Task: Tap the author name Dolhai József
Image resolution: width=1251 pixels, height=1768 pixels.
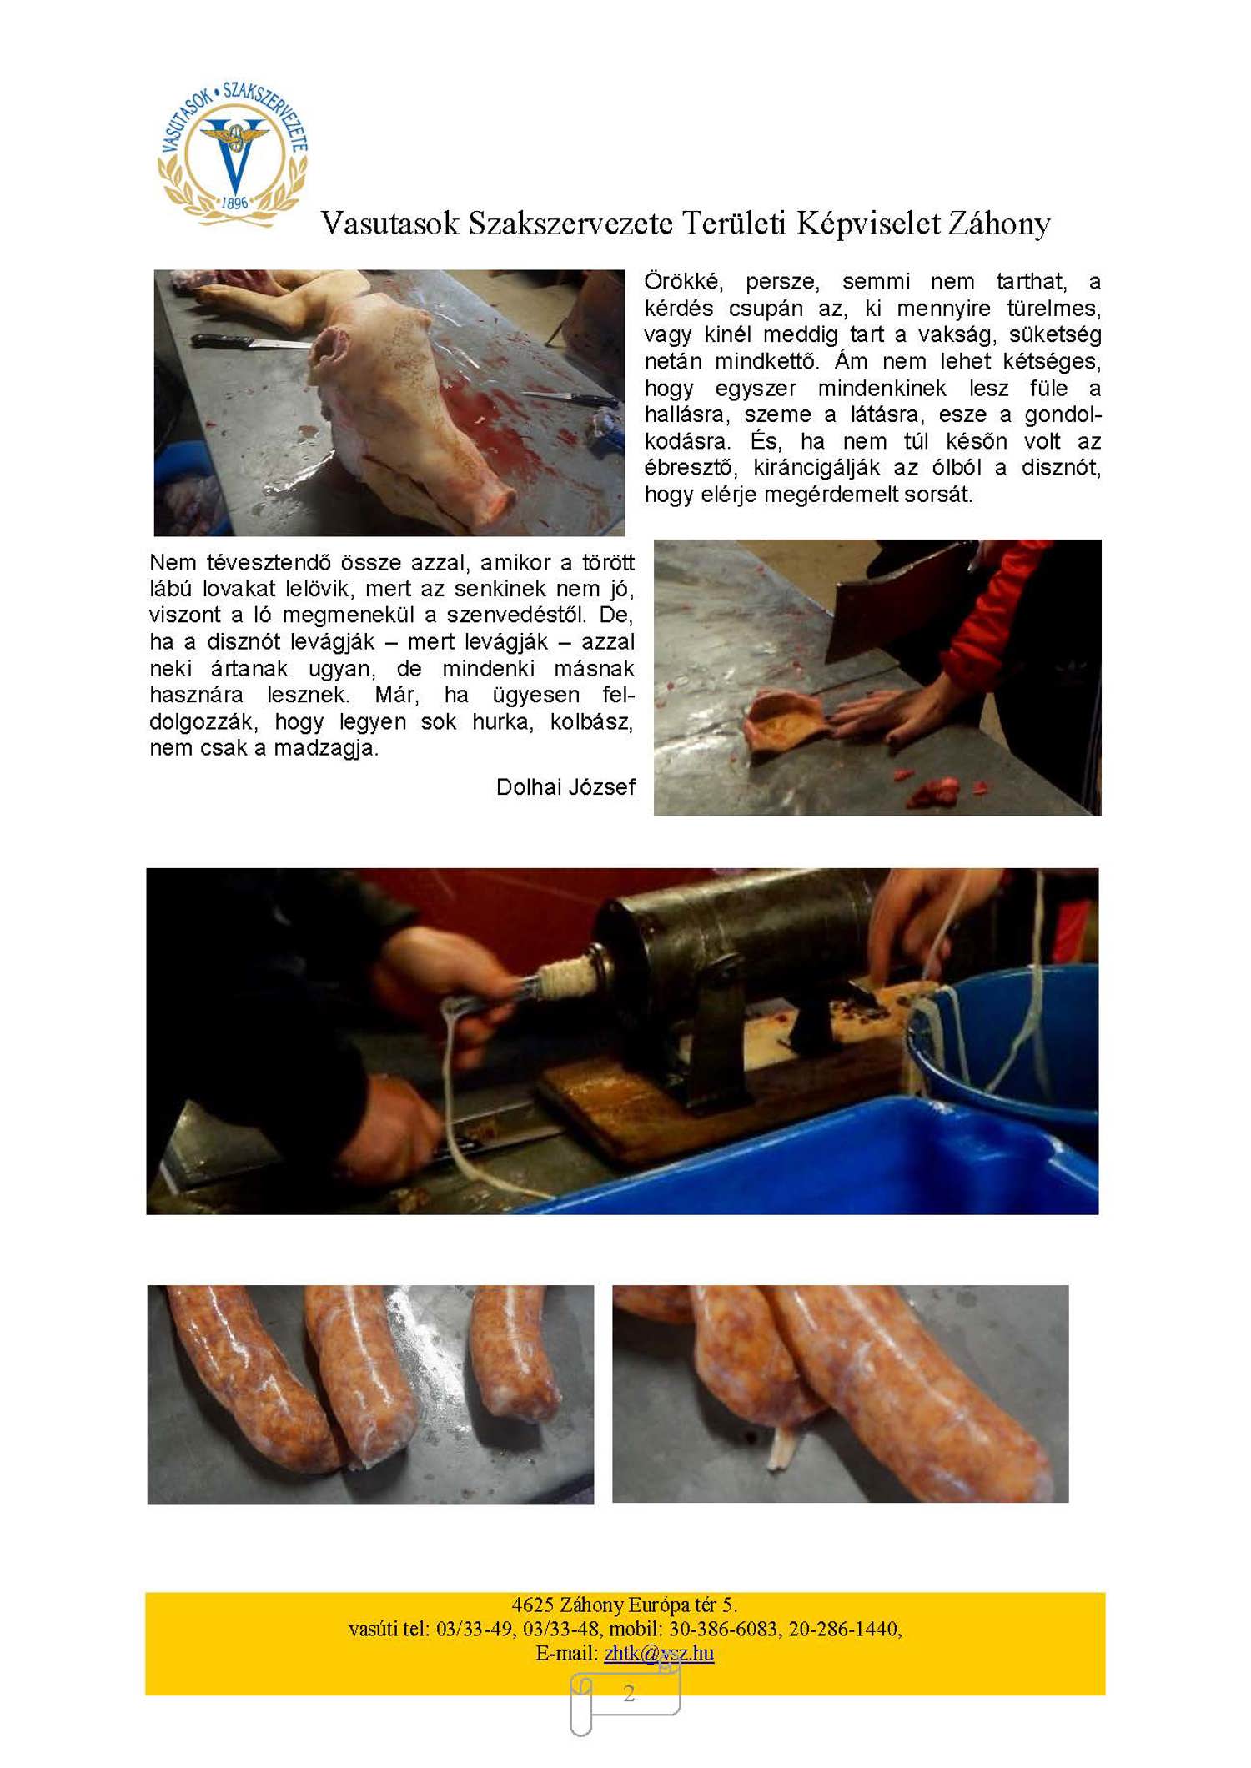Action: (565, 787)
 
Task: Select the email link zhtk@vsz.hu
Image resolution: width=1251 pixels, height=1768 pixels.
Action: (659, 1652)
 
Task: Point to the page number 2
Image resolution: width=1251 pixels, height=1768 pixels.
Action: (629, 1692)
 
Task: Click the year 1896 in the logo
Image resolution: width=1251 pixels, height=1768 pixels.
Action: (235, 203)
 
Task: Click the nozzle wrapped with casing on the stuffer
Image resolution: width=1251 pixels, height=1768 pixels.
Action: (567, 975)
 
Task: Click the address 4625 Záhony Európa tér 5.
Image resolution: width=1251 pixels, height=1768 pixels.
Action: (625, 1605)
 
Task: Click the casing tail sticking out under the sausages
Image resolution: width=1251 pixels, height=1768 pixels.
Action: (781, 1452)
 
